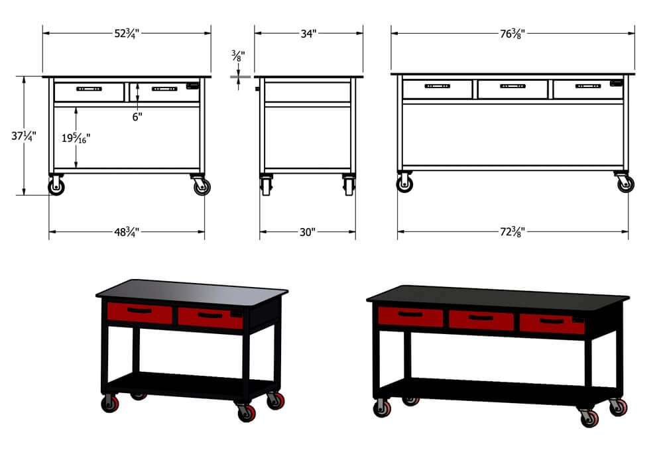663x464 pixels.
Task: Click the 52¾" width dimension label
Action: [x=127, y=33]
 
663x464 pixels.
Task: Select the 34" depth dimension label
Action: [x=308, y=33]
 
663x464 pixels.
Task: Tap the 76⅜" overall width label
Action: [x=512, y=33]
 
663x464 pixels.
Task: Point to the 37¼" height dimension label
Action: [x=24, y=136]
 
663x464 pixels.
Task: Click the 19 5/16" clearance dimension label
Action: [x=76, y=138]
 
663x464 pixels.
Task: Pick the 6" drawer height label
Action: [x=137, y=117]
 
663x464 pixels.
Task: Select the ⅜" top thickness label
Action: [x=238, y=56]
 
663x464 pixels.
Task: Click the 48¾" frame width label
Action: [x=127, y=232]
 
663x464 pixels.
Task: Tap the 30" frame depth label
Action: [x=308, y=232]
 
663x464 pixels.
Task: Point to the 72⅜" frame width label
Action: [x=512, y=231]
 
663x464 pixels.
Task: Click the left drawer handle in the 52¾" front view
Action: [x=89, y=89]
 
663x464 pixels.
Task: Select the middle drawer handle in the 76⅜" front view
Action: [x=512, y=86]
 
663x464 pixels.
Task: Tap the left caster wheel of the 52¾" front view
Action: [x=56, y=186]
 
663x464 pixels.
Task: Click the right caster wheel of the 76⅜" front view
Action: [x=626, y=184]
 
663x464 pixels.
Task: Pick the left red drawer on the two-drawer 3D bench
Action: [x=139, y=313]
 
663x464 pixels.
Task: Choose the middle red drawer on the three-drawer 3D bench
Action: [x=481, y=320]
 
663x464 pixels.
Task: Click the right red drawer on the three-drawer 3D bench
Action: [x=552, y=323]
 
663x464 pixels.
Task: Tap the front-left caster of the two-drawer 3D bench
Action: [x=110, y=404]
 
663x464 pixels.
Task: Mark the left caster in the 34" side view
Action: [x=267, y=186]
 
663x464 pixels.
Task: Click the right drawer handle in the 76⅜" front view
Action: [x=587, y=86]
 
